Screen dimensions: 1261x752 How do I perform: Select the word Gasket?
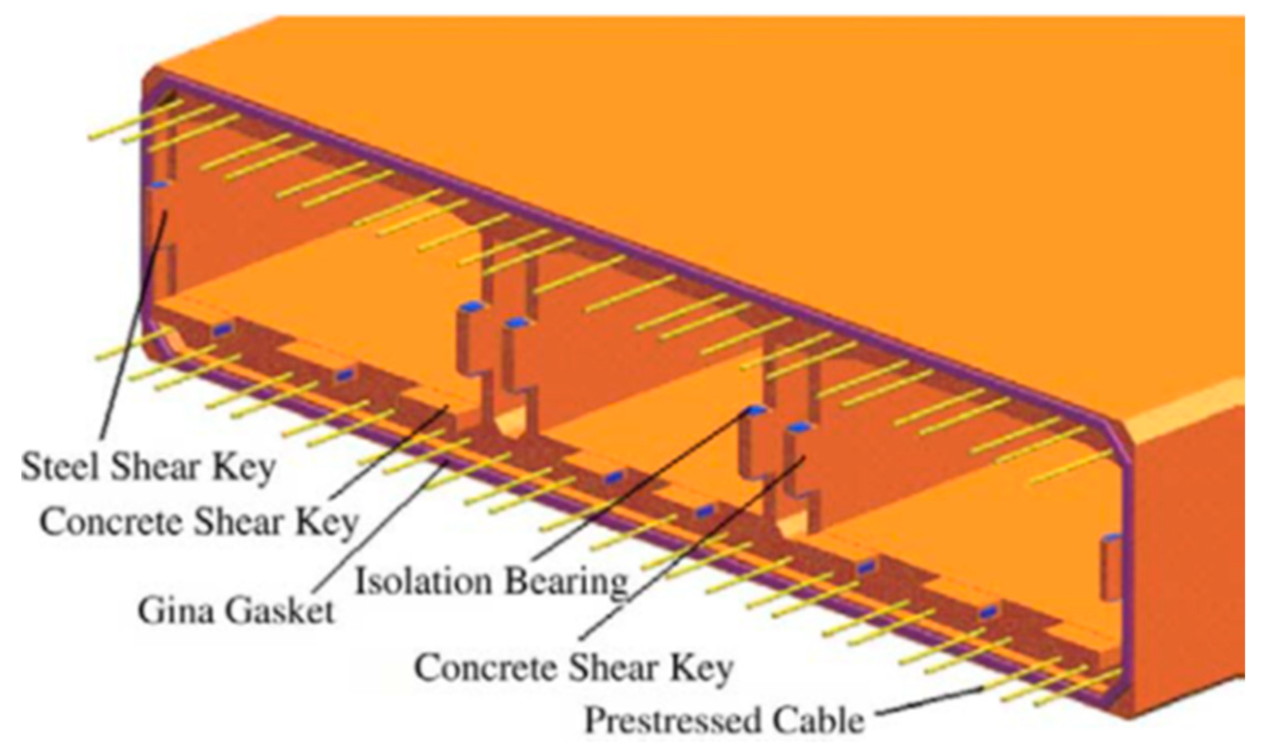pos(279,611)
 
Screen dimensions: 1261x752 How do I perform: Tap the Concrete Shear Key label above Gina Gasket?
pos(198,522)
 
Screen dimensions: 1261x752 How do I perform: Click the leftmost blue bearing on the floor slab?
pos(220,329)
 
